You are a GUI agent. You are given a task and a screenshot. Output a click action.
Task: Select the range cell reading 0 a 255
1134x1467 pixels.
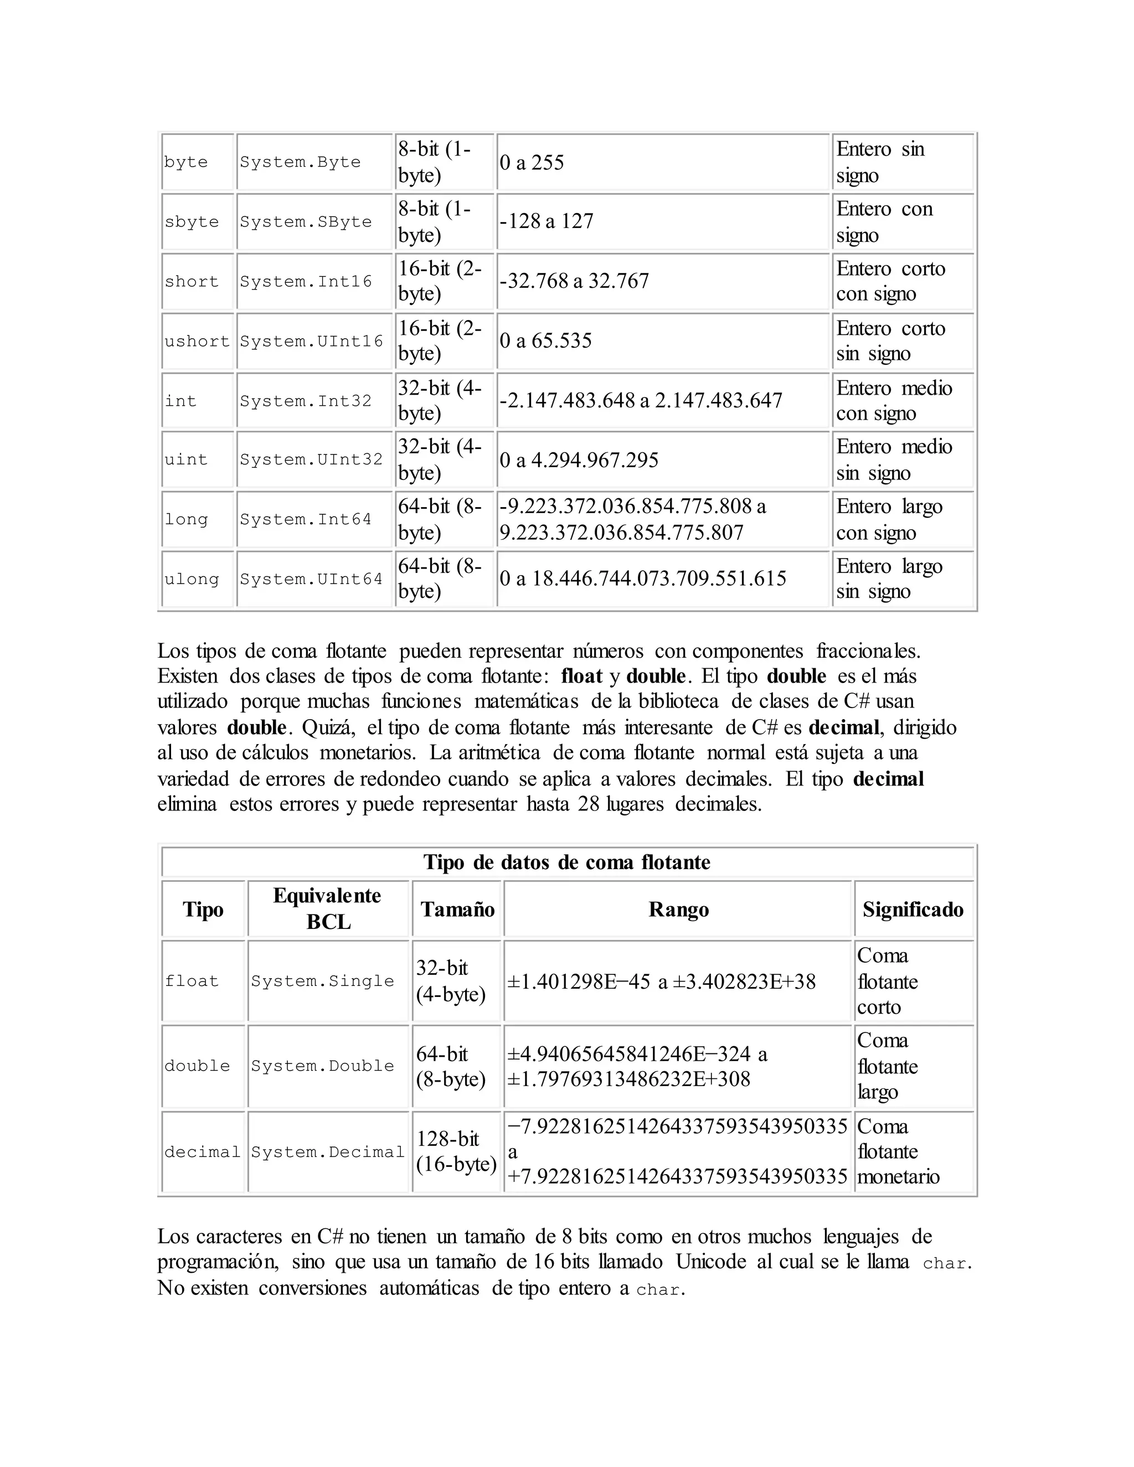click(532, 163)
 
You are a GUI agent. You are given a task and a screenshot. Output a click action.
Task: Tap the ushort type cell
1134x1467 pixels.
click(197, 341)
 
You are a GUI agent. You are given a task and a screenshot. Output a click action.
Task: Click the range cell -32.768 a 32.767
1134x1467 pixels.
click(574, 281)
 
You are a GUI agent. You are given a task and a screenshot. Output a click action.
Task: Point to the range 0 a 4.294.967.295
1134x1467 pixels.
click(579, 460)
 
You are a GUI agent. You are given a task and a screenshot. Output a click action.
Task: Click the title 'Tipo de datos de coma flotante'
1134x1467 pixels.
click(567, 862)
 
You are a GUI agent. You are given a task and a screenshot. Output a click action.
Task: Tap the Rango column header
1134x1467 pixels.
click(678, 910)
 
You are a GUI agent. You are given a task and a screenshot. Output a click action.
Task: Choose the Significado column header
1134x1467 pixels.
click(913, 910)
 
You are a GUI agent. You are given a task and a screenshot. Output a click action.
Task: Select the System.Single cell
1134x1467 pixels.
click(322, 981)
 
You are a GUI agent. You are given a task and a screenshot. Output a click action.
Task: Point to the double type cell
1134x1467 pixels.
click(197, 1066)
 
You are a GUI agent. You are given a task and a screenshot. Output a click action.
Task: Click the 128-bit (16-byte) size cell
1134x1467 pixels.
click(456, 1151)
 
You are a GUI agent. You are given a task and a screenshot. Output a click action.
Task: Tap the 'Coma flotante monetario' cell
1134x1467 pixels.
click(898, 1151)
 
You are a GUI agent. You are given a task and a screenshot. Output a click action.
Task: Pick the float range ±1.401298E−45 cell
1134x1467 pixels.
click(662, 982)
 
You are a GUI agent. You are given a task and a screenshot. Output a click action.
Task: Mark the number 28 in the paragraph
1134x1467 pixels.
click(589, 803)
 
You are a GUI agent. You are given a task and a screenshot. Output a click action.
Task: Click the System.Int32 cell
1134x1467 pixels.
click(306, 401)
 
